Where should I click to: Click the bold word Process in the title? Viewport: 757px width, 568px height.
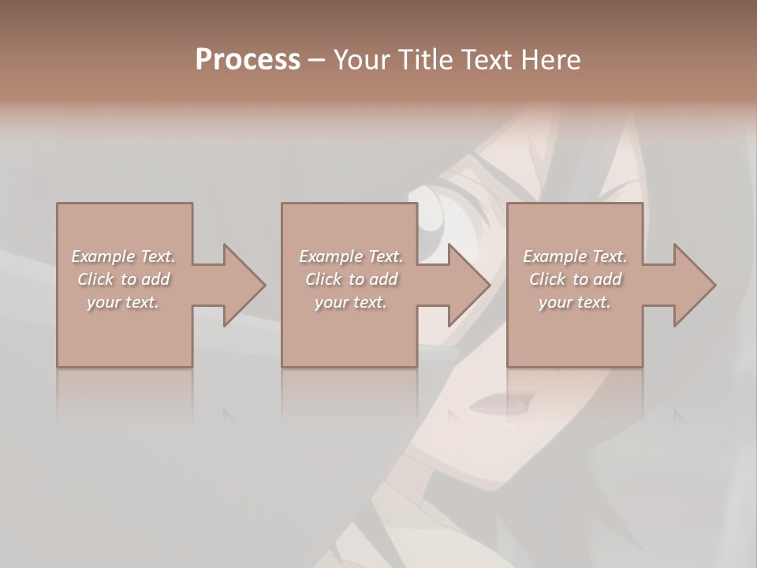pyautogui.click(x=248, y=60)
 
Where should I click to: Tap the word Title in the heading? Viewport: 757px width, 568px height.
pyautogui.click(x=427, y=60)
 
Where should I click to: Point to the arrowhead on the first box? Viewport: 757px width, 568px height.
pyautogui.click(x=237, y=285)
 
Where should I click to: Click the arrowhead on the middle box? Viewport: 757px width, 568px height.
pyautogui.click(x=461, y=285)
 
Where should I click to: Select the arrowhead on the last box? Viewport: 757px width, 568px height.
pyautogui.click(x=687, y=285)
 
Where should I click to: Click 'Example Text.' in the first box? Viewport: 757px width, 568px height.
pyautogui.click(x=123, y=256)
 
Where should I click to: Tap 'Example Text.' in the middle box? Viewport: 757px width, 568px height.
pyautogui.click(x=351, y=256)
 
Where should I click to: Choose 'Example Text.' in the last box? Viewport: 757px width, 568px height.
pyautogui.click(x=575, y=256)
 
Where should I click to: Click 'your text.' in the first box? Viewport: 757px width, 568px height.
pyautogui.click(x=123, y=302)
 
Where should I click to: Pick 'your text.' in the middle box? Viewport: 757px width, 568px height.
pyautogui.click(x=351, y=302)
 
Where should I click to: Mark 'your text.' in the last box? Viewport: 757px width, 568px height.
pyautogui.click(x=575, y=302)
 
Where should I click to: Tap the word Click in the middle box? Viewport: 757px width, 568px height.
pyautogui.click(x=323, y=279)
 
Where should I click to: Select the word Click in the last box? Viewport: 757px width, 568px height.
pyautogui.click(x=547, y=279)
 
